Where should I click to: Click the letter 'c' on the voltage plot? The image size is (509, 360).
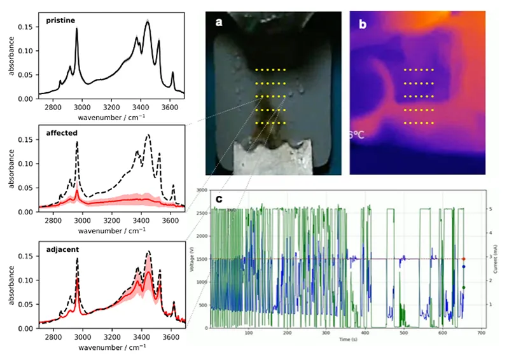coord(219,199)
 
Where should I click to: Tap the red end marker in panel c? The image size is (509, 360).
coord(464,259)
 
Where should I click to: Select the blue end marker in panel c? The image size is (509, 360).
coord(464,267)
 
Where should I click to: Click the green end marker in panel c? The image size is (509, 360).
coord(464,287)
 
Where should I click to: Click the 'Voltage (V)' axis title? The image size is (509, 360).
coord(191,261)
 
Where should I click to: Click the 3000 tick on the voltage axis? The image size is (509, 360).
coord(202,190)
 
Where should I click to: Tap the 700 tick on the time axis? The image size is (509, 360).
coord(482,333)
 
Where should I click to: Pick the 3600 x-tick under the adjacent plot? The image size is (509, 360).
coord(170,333)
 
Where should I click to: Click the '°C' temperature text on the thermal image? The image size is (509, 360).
coord(354,135)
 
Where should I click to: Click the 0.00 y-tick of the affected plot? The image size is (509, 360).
coord(29,212)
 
